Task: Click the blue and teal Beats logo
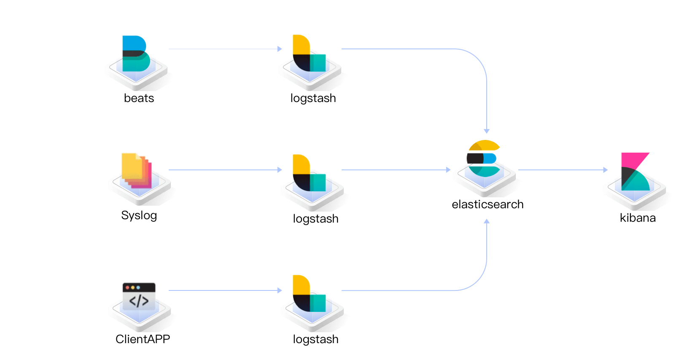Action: tap(135, 53)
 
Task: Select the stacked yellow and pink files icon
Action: tap(136, 170)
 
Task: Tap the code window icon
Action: tap(139, 296)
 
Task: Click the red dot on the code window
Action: tap(127, 287)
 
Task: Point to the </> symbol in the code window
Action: tap(139, 301)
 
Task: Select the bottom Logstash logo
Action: tap(309, 293)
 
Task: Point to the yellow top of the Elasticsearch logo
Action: tap(484, 145)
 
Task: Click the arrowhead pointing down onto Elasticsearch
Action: tap(487, 131)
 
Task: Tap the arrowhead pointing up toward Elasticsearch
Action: tap(487, 221)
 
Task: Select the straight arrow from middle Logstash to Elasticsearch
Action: tap(394, 170)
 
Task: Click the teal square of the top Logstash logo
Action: tap(318, 62)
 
